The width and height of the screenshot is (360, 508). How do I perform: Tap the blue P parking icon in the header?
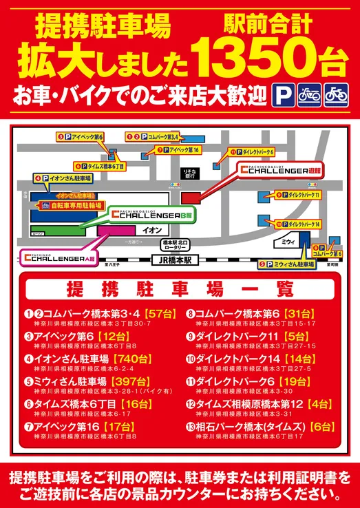pos(281,93)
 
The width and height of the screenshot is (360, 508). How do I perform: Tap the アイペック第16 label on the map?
pos(178,150)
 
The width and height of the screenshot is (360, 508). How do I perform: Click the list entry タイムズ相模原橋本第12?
pos(251,404)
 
